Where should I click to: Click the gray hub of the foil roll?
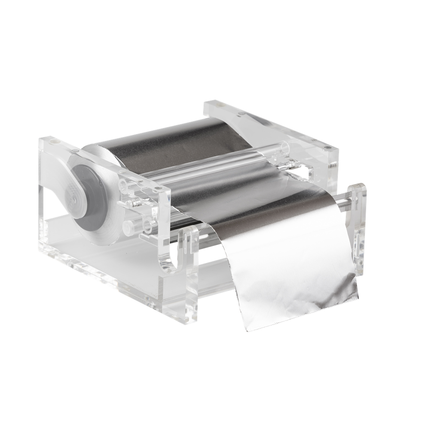pos(88,196)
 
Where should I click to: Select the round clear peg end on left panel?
pos(128,227)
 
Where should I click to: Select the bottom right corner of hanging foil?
pos(357,296)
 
